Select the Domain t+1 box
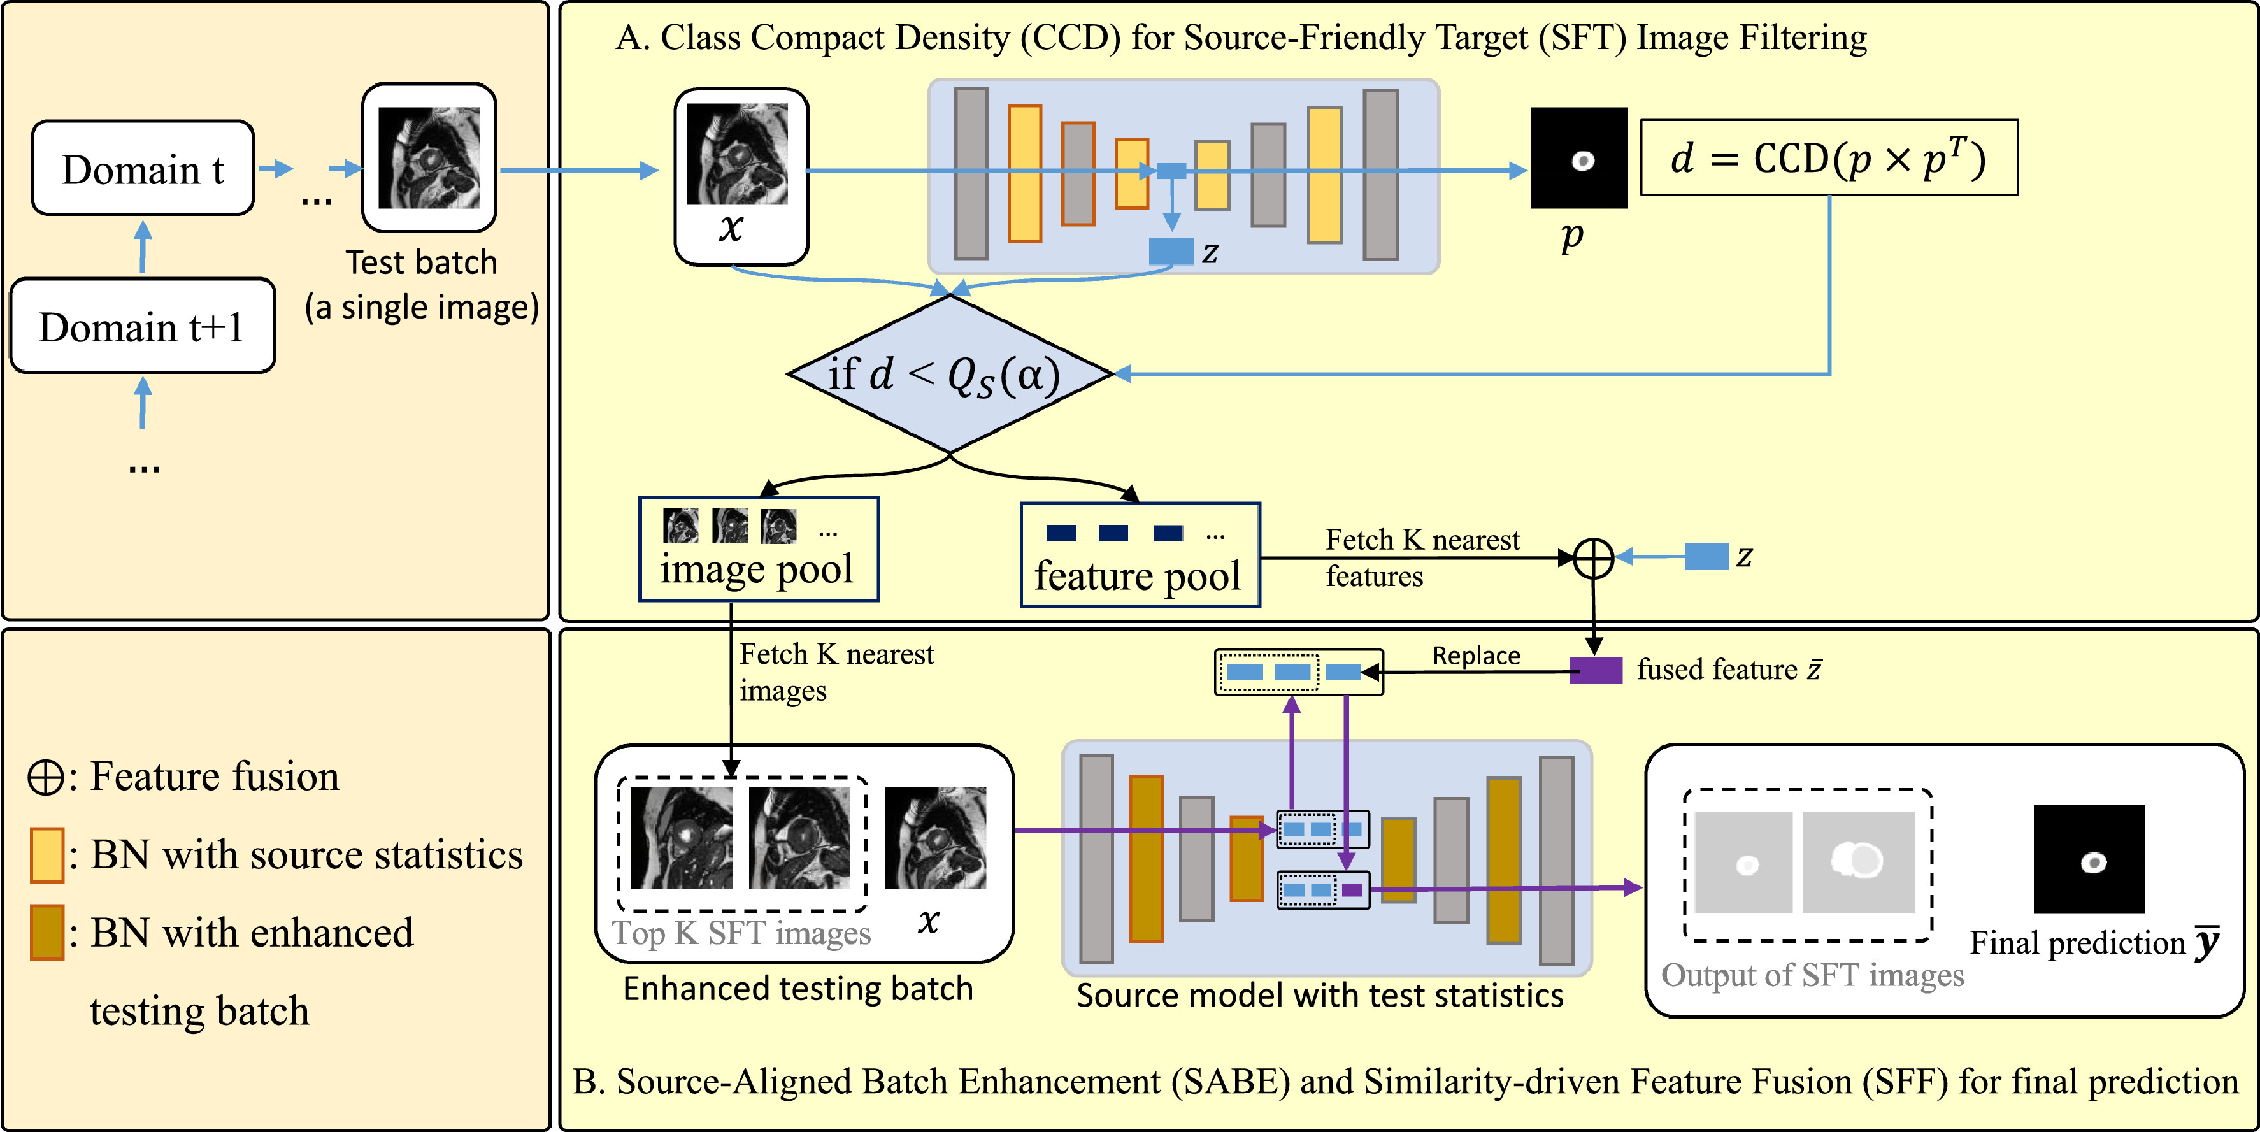pos(142,326)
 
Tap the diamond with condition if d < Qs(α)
pos(949,374)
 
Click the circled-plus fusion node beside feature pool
pos(1593,558)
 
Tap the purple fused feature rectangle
pos(1595,670)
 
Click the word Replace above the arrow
pos(1476,656)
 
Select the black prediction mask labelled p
pos(1578,159)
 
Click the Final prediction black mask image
pos(2089,859)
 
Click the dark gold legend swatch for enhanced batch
pos(46,932)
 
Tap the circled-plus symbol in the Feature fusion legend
pos(45,777)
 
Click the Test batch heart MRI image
pos(429,158)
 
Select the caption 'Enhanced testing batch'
pos(797,989)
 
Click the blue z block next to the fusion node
pos(1706,556)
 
